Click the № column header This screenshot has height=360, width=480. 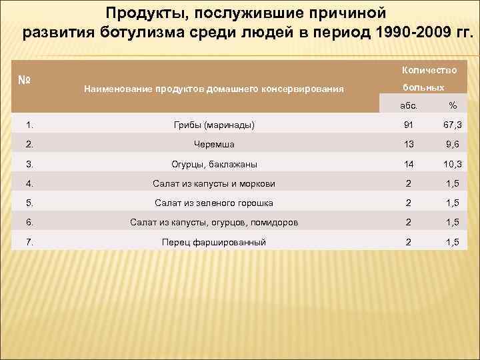[x=25, y=81]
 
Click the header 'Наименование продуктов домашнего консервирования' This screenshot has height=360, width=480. [x=213, y=88]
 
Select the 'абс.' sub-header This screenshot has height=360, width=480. [x=408, y=105]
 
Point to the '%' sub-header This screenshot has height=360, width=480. [x=453, y=105]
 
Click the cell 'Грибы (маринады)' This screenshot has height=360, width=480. [x=213, y=125]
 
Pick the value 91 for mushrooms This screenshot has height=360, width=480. [x=409, y=125]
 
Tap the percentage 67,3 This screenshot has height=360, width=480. [x=453, y=125]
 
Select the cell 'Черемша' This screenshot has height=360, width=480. [x=213, y=144]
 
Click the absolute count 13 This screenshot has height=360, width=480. [x=409, y=144]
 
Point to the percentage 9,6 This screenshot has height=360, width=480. [x=453, y=144]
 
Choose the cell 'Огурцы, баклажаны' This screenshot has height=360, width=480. [x=213, y=164]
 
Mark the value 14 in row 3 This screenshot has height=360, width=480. [x=409, y=164]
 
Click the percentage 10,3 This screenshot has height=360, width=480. [x=453, y=164]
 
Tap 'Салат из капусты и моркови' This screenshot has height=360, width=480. [x=213, y=183]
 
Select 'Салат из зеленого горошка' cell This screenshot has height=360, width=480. [x=213, y=203]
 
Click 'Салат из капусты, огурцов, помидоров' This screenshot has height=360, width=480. [x=213, y=222]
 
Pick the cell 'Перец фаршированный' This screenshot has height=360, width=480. [x=213, y=242]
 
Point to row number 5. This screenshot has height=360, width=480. [x=29, y=203]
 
